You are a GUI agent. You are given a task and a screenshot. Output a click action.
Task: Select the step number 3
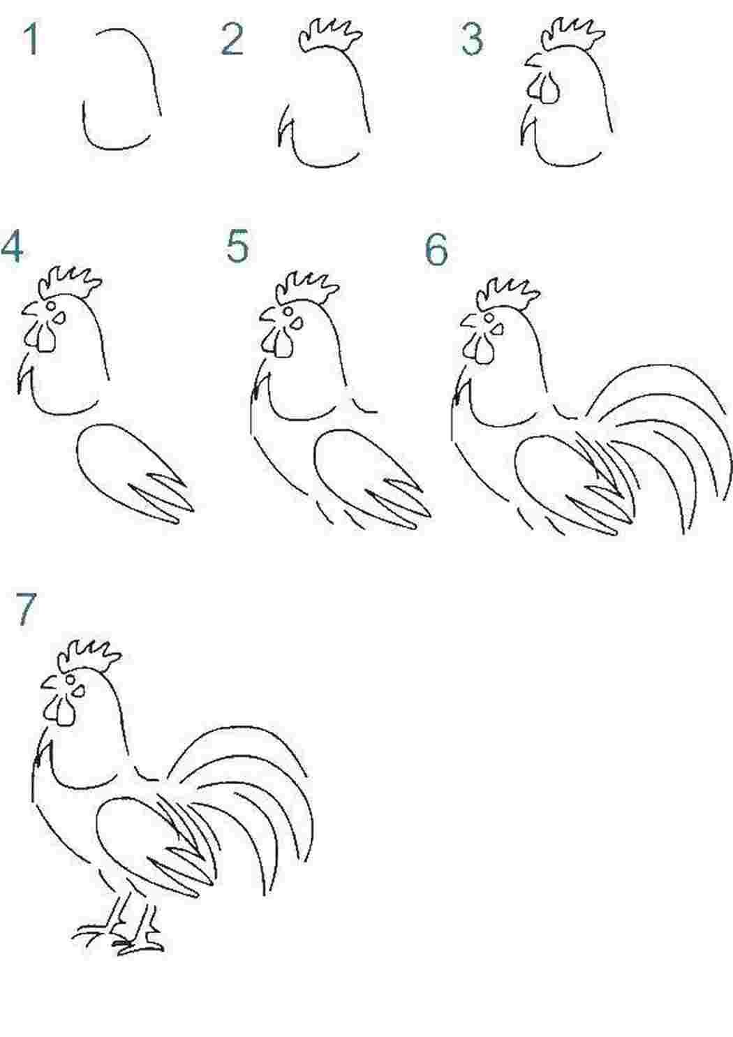pos(472,40)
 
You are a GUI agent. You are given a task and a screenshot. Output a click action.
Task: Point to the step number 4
pos(12,247)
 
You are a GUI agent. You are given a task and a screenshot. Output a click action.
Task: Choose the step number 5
pos(237,247)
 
